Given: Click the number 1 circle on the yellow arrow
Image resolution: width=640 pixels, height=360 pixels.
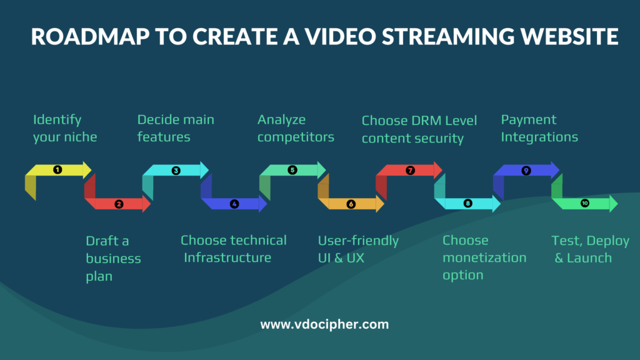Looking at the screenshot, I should click(57, 169).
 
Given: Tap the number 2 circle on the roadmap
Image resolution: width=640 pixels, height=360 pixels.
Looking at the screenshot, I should click(119, 204).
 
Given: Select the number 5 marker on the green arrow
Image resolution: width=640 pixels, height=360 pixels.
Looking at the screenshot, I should click(292, 169).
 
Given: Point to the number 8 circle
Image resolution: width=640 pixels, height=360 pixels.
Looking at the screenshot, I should click(468, 204).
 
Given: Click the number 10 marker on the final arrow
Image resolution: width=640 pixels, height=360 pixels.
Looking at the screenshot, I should click(585, 203).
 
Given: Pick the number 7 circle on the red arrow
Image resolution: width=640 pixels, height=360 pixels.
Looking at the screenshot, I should click(410, 169).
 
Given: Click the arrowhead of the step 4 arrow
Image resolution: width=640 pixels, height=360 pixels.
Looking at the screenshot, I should click(262, 204).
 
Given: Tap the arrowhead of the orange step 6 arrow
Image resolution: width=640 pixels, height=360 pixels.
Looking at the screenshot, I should click(379, 204).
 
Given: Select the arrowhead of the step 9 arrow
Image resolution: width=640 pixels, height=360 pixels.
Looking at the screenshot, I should click(555, 169).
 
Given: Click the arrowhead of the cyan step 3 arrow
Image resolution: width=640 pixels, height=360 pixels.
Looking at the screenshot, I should click(204, 169).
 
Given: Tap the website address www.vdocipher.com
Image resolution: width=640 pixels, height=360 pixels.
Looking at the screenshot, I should click(324, 324).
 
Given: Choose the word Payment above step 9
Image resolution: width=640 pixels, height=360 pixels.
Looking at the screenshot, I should click(529, 120).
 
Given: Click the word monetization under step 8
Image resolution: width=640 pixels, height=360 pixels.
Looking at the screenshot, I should click(484, 257).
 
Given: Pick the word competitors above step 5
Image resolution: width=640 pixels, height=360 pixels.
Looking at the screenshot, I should click(296, 137).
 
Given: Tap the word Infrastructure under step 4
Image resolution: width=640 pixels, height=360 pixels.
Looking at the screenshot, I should click(227, 257).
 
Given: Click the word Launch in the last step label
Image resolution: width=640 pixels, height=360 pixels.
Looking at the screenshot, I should click(589, 257).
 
